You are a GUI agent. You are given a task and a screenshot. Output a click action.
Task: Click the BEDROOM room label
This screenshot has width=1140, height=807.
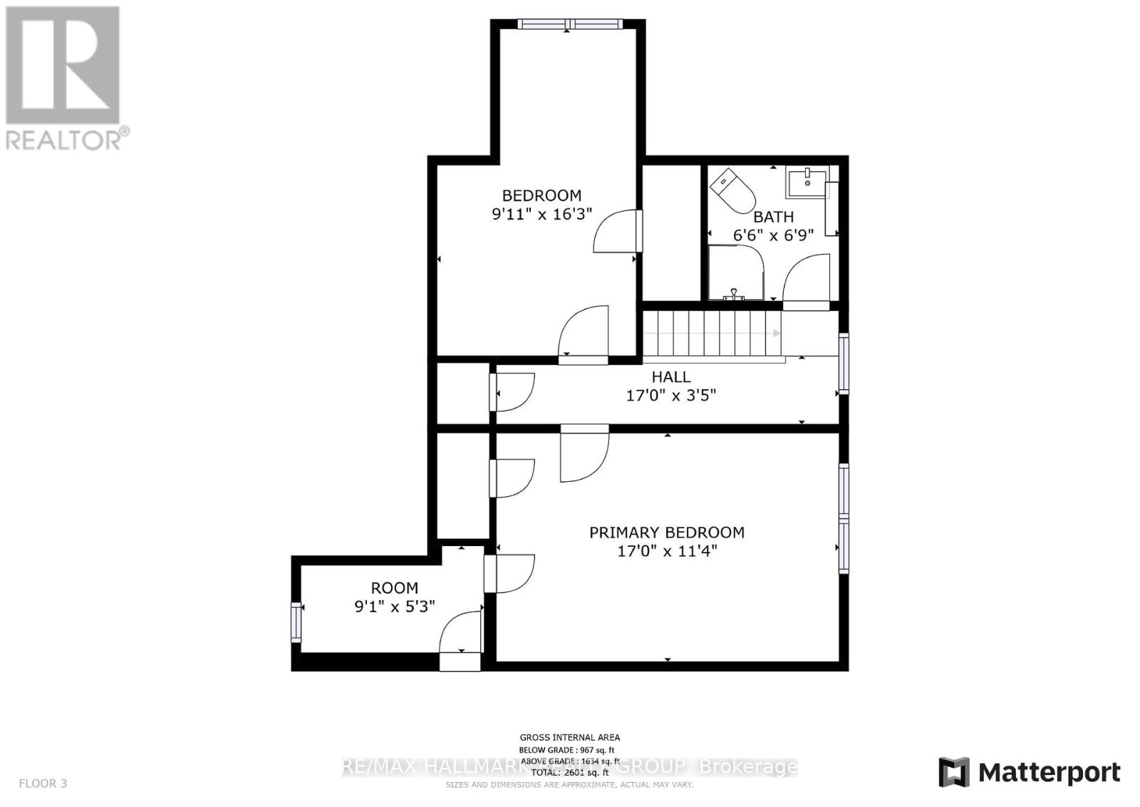click(x=541, y=195)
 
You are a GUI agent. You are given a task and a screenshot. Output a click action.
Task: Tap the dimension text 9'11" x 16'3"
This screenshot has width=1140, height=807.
click(x=541, y=214)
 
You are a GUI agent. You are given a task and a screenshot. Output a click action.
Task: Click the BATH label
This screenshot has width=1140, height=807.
click(x=773, y=217)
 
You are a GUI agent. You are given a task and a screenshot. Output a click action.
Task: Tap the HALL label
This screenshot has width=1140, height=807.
click(x=670, y=376)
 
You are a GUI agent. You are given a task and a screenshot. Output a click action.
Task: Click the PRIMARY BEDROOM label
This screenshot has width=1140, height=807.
click(x=666, y=533)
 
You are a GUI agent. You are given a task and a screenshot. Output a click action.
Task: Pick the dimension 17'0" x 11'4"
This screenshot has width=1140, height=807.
click(x=666, y=551)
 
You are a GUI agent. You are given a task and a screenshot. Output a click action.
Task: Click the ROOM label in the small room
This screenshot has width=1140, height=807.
click(x=394, y=588)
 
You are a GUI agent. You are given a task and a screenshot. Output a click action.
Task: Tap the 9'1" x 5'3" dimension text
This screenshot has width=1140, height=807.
click(x=394, y=607)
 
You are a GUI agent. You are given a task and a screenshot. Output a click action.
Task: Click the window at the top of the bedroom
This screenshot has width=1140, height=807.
click(x=570, y=24)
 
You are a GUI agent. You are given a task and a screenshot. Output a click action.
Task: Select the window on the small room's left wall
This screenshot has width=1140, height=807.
click(x=296, y=622)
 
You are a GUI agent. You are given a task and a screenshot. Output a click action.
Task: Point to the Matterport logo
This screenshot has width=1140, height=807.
click(x=1029, y=773)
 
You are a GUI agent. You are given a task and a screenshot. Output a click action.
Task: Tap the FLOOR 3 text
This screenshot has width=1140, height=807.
click(x=43, y=783)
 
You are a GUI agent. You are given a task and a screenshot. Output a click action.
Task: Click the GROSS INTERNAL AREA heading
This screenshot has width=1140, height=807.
click(x=569, y=738)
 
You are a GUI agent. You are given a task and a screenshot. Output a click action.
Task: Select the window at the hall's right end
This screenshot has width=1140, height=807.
click(x=844, y=364)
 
